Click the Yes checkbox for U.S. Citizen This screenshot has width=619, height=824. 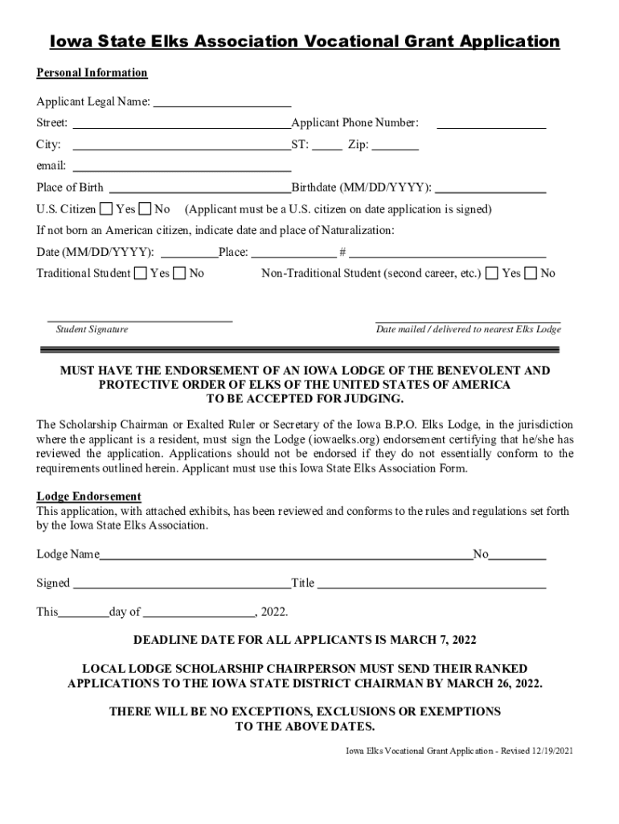(106, 209)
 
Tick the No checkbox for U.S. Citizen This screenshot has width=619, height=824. (145, 209)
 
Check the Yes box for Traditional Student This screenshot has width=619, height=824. (141, 274)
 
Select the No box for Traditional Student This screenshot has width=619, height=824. (179, 274)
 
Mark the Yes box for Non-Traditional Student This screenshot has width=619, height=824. (492, 274)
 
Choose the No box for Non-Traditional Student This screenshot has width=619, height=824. (531, 274)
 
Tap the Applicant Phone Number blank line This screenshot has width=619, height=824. (491, 126)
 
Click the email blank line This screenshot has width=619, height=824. (182, 169)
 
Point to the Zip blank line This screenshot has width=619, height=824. (396, 148)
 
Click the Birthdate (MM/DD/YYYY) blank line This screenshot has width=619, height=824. (490, 191)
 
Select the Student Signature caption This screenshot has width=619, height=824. (92, 330)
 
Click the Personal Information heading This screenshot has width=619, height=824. (92, 73)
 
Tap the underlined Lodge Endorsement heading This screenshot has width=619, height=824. (88, 496)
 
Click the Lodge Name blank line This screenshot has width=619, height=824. (285, 556)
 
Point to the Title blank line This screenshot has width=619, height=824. (432, 586)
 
